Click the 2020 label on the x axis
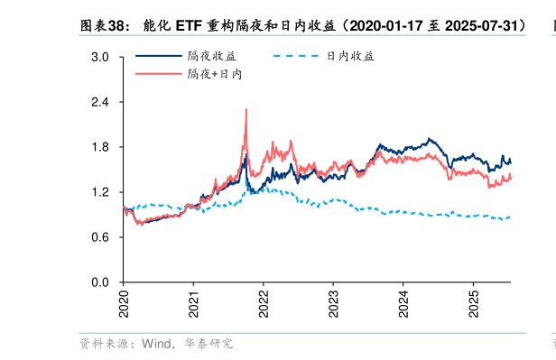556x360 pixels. point(124,300)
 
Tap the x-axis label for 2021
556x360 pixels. point(193,300)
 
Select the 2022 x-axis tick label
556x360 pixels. point(263,300)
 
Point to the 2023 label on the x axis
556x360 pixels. point(333,300)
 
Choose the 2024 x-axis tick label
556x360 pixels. point(403,300)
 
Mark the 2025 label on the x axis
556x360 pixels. point(473,300)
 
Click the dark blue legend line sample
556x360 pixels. point(157,56)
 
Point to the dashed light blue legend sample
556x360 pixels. point(295,56)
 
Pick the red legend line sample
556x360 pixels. point(157,74)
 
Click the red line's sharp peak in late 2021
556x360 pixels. point(246,110)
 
